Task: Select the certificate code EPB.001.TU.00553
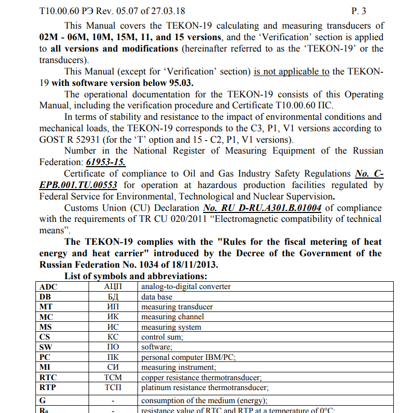78,185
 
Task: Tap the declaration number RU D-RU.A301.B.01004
262,208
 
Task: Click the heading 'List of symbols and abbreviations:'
136,276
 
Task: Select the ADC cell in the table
48,286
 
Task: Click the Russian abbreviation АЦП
113,286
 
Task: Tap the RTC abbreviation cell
48,378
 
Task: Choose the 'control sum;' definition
162,337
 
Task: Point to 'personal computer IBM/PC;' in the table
189,357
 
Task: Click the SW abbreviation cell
46,347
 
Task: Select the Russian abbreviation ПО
113,347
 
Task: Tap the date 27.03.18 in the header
168,10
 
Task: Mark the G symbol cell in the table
43,401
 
